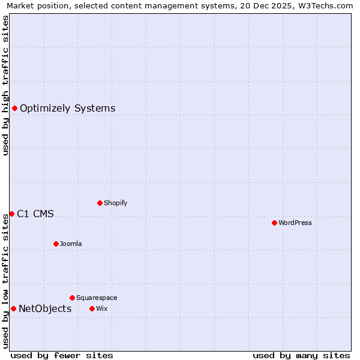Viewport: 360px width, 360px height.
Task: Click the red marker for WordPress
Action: click(274, 223)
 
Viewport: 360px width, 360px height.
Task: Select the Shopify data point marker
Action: click(100, 203)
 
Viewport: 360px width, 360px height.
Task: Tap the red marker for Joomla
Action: click(56, 244)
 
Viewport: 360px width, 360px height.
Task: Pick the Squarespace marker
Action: click(72, 298)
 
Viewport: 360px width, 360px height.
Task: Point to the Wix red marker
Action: click(92, 308)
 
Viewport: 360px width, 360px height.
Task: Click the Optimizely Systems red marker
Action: click(14, 108)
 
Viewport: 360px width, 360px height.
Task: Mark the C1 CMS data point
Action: click(11, 214)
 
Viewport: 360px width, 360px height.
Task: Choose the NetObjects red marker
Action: click(13, 308)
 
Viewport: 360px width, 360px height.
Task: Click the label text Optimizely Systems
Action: click(67, 109)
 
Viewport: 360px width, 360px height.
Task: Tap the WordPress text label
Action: click(295, 223)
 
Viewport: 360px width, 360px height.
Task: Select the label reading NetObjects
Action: click(45, 309)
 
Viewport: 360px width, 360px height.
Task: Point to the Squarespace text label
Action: click(97, 298)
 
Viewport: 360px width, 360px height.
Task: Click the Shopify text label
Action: click(115, 203)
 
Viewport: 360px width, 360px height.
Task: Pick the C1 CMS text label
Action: click(35, 214)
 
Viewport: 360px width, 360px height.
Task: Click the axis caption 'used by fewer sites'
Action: click(62, 355)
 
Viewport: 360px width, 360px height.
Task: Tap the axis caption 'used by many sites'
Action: click(301, 355)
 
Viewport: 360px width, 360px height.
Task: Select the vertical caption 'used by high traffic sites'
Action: click(5, 85)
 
